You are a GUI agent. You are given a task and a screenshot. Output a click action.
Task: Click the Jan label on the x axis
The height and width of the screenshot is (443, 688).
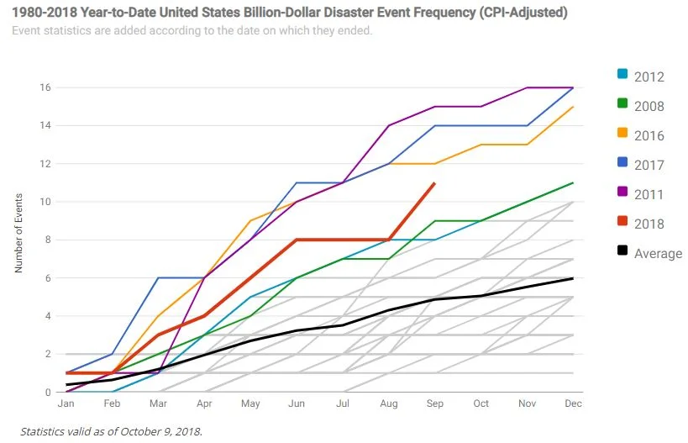[67, 404]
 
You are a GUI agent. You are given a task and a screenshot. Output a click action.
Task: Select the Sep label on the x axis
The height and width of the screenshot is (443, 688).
[434, 404]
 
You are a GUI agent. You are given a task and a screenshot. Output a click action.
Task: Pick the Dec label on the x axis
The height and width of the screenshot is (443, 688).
[573, 404]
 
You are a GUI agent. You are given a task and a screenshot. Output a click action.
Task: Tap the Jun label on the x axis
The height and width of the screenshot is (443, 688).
[297, 404]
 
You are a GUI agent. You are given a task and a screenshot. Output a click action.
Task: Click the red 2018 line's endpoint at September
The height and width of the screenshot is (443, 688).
[434, 183]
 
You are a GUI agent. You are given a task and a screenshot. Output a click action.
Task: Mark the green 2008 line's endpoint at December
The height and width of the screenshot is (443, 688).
[573, 182]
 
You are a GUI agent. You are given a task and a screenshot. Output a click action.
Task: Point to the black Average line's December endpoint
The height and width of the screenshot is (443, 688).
[573, 278]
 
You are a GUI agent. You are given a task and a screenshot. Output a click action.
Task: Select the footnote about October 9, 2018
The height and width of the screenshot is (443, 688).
[111, 432]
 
